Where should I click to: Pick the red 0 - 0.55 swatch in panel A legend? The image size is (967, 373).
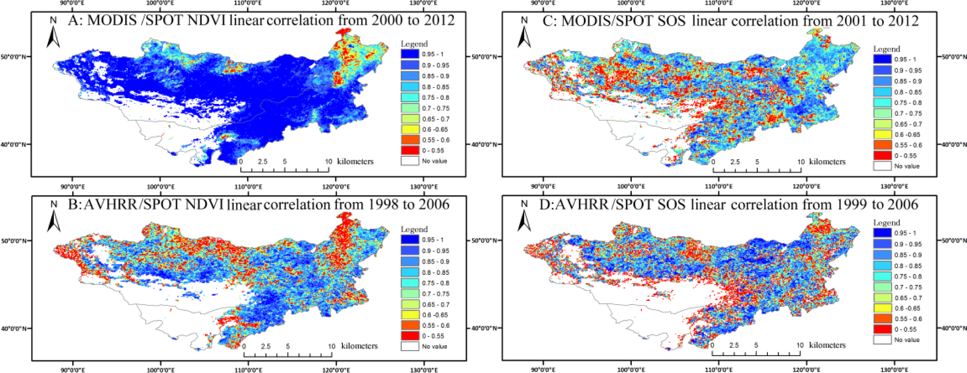click(x=410, y=150)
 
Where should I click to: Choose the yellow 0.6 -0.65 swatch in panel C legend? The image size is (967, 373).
click(x=882, y=134)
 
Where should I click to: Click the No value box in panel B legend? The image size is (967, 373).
click(x=410, y=346)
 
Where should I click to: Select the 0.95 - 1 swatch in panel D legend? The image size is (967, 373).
click(x=882, y=233)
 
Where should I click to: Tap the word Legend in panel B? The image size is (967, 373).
click(x=414, y=229)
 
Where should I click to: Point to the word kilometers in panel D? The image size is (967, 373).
click(x=827, y=345)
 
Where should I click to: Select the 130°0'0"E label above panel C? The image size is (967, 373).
click(x=894, y=3)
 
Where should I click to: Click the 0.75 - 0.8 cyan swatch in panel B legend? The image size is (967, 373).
click(x=410, y=283)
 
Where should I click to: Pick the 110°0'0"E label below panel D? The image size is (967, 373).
click(x=719, y=370)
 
